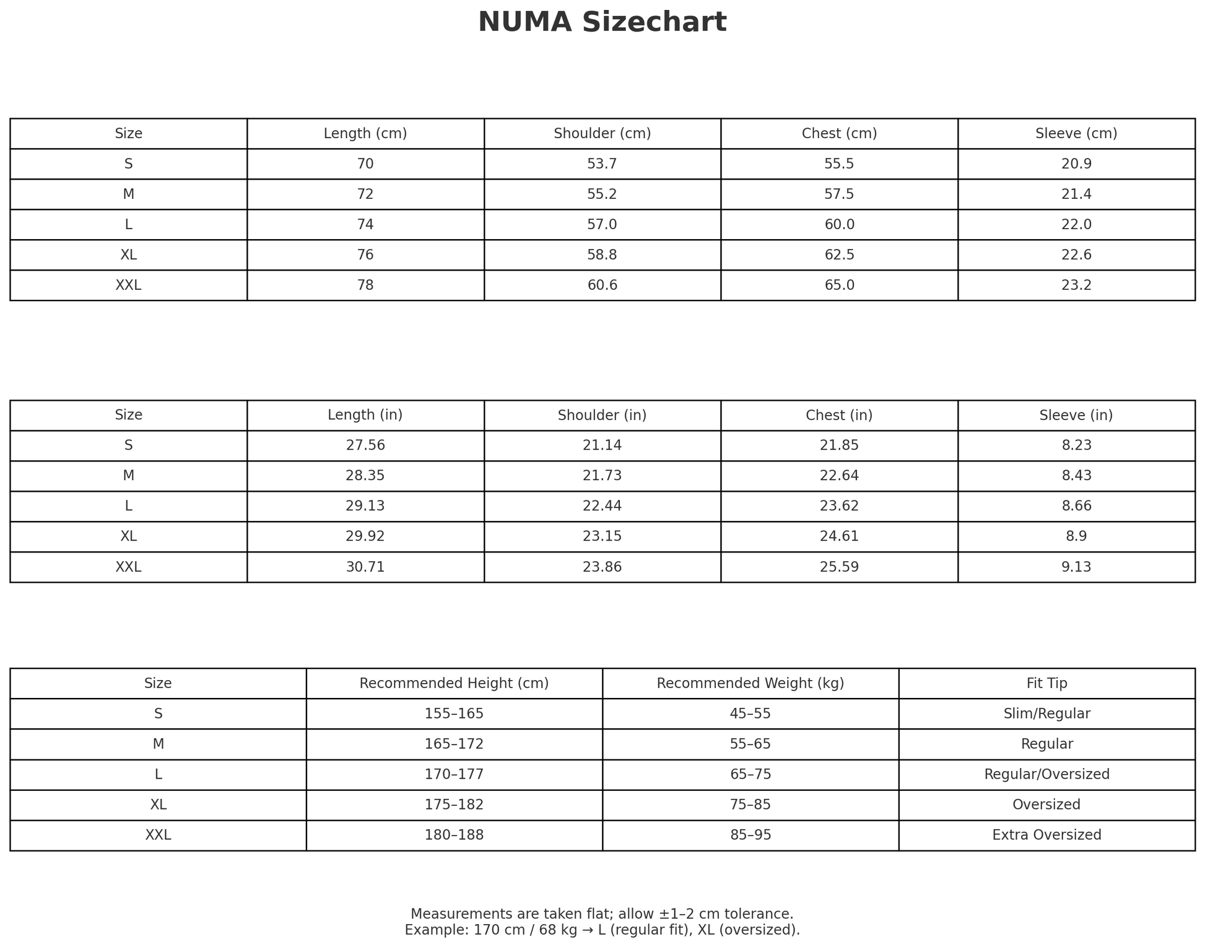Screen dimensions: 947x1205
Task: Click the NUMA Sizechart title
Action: [602, 22]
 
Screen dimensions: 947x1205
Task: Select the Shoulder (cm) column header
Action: [602, 133]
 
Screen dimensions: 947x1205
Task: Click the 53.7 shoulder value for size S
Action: [602, 164]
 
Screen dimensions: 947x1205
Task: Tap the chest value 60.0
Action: [839, 224]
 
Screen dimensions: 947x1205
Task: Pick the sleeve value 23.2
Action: [1076, 285]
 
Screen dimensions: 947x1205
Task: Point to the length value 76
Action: [365, 255]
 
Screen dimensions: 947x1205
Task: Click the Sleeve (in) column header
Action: [1076, 415]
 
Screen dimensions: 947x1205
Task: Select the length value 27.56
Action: [365, 445]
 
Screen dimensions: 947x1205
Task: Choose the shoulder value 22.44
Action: [602, 506]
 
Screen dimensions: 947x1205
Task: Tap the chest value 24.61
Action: [839, 536]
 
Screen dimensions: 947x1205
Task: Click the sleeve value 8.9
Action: [1076, 536]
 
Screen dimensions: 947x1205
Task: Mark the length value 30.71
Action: [365, 567]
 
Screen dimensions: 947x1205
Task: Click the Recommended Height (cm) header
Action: [454, 683]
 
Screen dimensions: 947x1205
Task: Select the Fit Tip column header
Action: [1046, 683]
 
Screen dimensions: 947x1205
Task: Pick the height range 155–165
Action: [454, 714]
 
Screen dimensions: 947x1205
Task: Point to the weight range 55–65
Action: [750, 744]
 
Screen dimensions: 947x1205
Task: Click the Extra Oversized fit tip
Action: [1046, 835]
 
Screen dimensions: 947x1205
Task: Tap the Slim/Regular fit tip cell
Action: [1046, 714]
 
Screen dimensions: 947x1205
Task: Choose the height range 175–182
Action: [454, 805]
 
